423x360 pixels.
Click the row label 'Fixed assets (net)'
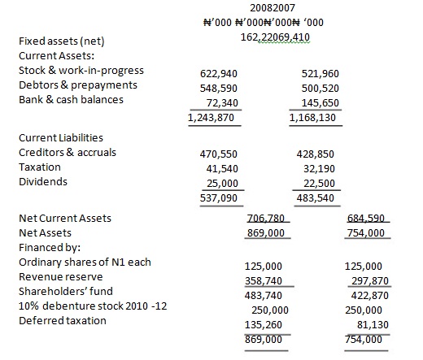coord(62,41)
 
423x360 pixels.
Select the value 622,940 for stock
coord(219,74)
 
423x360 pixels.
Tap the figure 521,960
coord(321,74)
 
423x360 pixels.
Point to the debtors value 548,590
coord(219,89)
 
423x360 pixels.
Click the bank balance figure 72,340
coord(222,103)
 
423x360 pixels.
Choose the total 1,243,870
coord(211,118)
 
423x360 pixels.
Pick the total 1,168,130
coord(312,118)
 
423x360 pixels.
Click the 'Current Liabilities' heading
coord(61,138)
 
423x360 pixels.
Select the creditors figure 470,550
coord(219,154)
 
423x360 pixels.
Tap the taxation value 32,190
coord(319,169)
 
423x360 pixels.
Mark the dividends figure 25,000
coord(222,184)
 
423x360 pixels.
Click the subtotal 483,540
coord(315,198)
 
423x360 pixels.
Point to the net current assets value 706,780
coord(266,219)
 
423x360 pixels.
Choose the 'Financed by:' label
coord(50,248)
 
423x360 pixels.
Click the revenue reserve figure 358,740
coord(264,281)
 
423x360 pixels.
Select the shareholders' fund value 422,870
coord(370,296)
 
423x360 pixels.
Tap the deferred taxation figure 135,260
coord(264,325)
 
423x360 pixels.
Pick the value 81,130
coord(373,325)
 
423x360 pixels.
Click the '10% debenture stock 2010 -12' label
coord(93,306)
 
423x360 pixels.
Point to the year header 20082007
coord(273,8)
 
